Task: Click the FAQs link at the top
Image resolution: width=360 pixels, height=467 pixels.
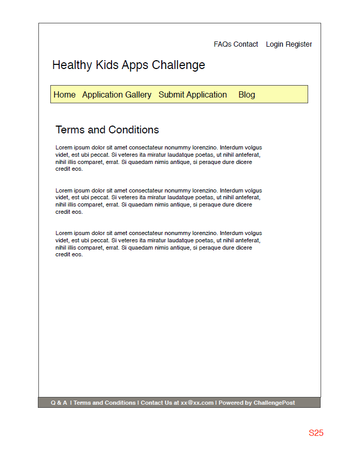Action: [x=223, y=45]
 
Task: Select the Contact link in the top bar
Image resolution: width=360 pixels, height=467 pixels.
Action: [x=246, y=45]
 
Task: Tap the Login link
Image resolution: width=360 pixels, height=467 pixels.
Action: [x=274, y=45]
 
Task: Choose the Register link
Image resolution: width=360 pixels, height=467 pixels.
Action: [x=299, y=45]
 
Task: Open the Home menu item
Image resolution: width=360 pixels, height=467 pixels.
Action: [x=64, y=95]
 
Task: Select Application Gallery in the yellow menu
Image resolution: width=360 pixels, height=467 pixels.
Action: [x=117, y=95]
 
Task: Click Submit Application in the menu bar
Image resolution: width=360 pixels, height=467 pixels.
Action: [x=192, y=95]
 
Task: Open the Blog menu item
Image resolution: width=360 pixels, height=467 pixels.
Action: [x=246, y=95]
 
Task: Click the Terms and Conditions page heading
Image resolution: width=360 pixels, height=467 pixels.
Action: [x=107, y=130]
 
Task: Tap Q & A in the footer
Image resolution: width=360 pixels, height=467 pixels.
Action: [x=59, y=403]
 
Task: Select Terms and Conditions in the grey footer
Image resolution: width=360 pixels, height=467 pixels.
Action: [x=104, y=403]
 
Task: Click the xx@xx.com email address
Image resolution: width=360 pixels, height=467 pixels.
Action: [x=197, y=403]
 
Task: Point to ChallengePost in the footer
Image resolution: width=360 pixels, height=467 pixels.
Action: [x=274, y=403]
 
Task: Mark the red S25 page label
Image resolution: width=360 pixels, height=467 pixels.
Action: [x=316, y=433]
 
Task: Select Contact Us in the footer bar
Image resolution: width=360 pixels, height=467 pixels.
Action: [x=156, y=403]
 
